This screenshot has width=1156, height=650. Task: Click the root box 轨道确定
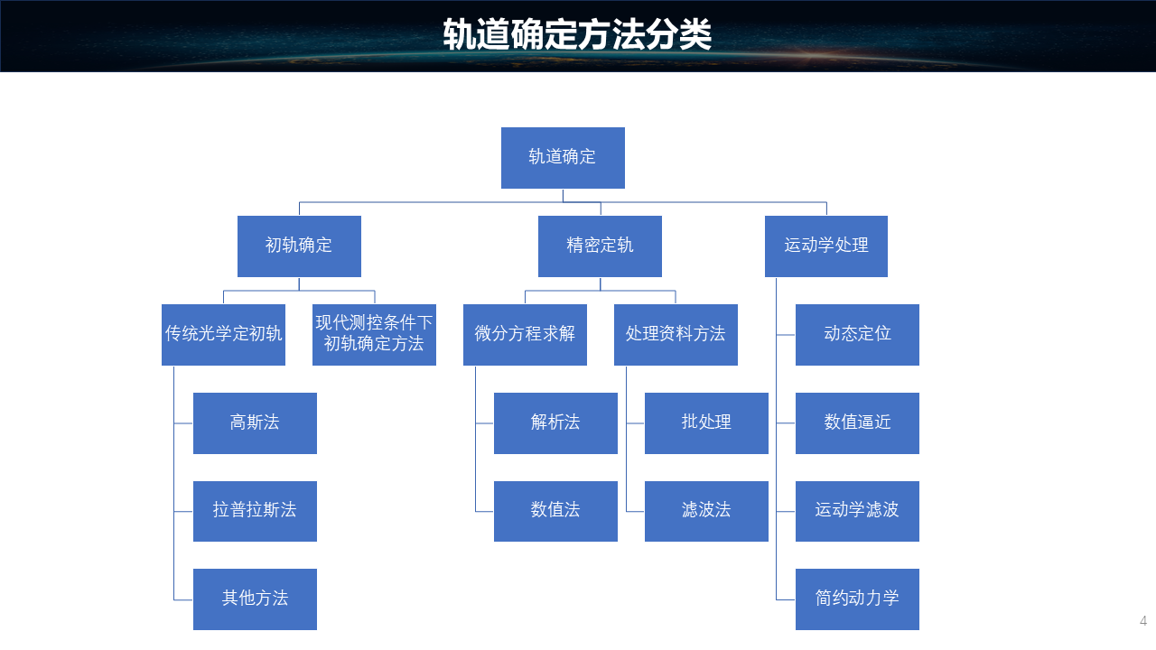[x=563, y=157]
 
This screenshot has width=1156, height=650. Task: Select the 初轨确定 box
[x=299, y=246]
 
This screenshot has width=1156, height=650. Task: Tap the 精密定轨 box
[x=600, y=246]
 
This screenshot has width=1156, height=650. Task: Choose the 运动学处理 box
[x=825, y=246]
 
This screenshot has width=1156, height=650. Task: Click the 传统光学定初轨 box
[x=223, y=334]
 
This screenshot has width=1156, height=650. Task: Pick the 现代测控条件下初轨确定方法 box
[x=374, y=334]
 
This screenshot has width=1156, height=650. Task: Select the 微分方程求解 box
[x=525, y=334]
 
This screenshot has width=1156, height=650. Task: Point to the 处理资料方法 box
[x=676, y=334]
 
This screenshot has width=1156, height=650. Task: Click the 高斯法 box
[x=255, y=422]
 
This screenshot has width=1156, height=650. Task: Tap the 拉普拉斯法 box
[x=255, y=511]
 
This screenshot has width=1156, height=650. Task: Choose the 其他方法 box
[x=255, y=599]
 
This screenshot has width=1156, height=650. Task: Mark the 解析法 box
[x=555, y=422]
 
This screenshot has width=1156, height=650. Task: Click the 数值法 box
[x=555, y=511]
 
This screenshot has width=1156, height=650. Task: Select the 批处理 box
[x=706, y=422]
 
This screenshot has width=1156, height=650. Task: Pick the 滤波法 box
[x=706, y=511]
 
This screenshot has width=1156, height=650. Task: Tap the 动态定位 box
[x=857, y=334]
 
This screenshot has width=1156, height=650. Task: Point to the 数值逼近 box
[x=857, y=422]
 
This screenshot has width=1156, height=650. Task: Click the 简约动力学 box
[x=857, y=599]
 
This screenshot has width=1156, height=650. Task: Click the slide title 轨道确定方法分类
[x=577, y=35]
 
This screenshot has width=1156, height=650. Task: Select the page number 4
[x=1143, y=621]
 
